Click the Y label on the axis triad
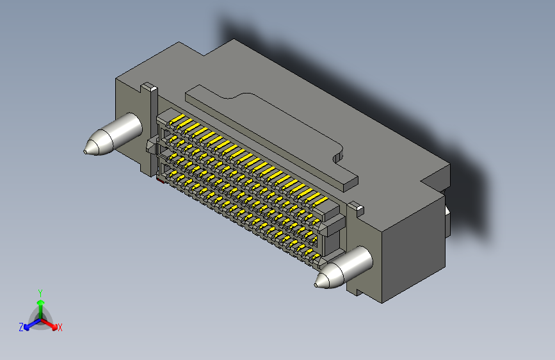coord(40,291)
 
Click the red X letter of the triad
coord(60,327)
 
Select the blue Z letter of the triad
coord(21,327)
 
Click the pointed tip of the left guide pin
coord(85,152)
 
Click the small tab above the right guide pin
coord(356,208)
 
